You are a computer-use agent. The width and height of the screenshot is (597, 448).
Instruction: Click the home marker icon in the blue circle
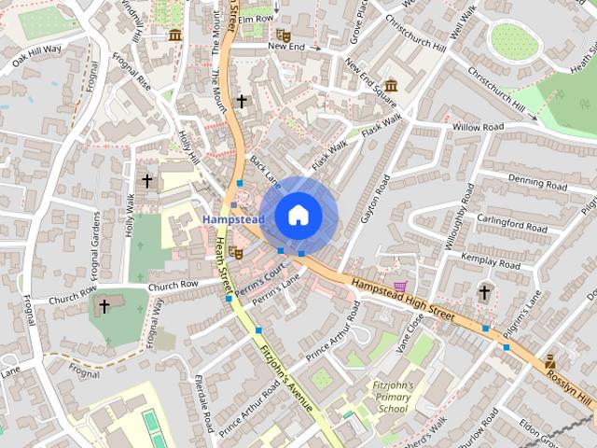[298, 214]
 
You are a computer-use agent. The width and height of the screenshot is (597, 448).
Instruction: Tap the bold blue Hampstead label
[233, 218]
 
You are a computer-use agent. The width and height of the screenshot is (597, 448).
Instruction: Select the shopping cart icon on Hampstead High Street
[400, 286]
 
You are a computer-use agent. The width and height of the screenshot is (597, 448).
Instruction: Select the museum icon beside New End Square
[391, 86]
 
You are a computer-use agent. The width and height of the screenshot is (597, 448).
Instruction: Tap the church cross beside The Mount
[242, 100]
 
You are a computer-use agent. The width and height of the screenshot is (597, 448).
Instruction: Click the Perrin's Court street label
[260, 277]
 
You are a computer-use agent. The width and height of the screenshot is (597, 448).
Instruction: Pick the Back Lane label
[265, 169]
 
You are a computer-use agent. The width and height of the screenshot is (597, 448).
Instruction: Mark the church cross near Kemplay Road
[484, 293]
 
